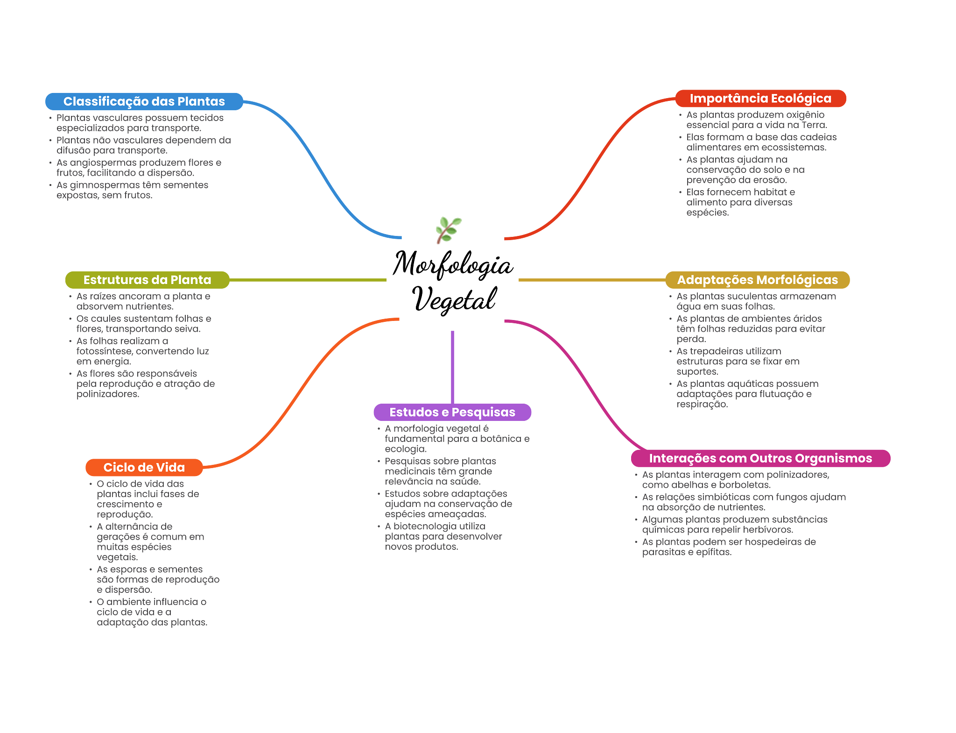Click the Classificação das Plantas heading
144,101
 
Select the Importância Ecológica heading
760,99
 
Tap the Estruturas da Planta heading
147,280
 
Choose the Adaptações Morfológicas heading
757,280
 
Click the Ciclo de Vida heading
144,468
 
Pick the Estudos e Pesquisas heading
452,413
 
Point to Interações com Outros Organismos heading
760,458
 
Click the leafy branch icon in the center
448,229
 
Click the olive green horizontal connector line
308,280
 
